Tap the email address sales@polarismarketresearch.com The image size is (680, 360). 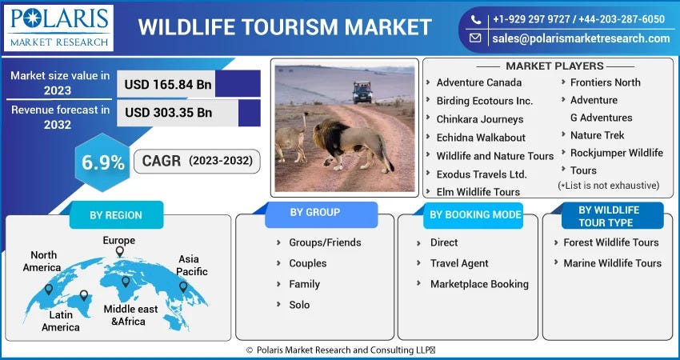tap(580, 38)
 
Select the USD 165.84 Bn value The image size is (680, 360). tap(167, 83)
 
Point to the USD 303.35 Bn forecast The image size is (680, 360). tap(167, 112)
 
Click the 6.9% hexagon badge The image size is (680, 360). tap(103, 162)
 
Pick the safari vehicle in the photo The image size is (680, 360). tap(362, 92)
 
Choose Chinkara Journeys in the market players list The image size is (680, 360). tap(479, 119)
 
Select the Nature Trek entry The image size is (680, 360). tap(597, 135)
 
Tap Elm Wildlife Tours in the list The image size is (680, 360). tap(478, 192)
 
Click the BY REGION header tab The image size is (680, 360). tap(116, 215)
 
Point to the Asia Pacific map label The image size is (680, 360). tap(193, 266)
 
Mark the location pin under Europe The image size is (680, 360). tap(119, 252)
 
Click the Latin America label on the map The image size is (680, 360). tap(61, 321)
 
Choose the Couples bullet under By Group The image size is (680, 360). tap(307, 263)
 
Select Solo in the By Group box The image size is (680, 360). tap(299, 305)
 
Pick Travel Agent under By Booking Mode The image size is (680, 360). tap(458, 263)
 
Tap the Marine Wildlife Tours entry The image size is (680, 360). tap(612, 263)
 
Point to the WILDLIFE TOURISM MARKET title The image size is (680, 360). tap(284, 26)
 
